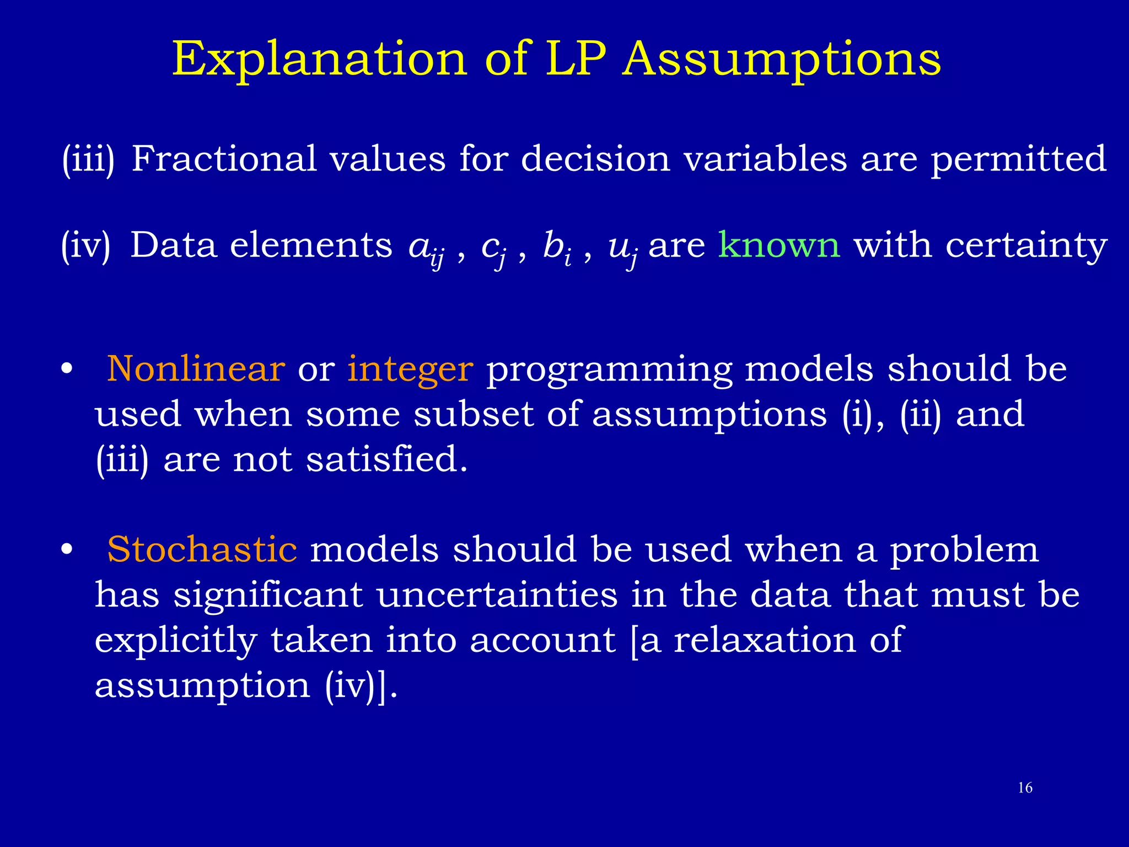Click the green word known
point(779,245)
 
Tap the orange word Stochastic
point(202,550)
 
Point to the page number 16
point(1025,788)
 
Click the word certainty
point(1026,246)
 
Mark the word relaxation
point(765,640)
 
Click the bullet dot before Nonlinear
point(67,370)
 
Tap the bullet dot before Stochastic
point(67,550)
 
